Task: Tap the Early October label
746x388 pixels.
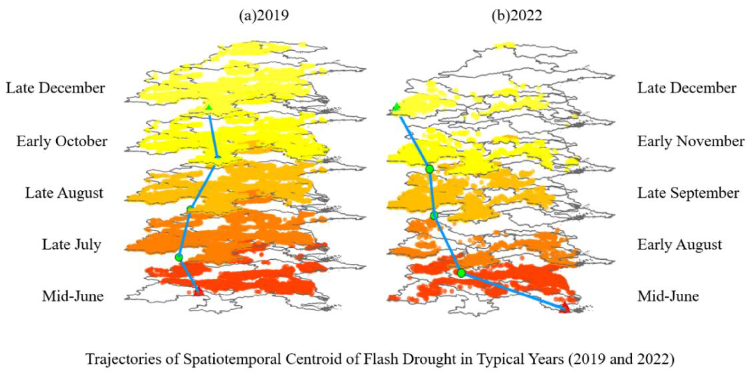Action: click(x=62, y=141)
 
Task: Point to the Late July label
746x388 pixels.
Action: click(x=72, y=245)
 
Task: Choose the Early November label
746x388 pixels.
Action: click(x=691, y=141)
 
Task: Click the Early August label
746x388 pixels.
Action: click(x=680, y=245)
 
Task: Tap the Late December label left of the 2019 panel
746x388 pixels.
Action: click(x=55, y=88)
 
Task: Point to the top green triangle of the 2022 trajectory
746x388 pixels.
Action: click(x=396, y=107)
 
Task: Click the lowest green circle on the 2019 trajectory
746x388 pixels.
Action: click(x=179, y=257)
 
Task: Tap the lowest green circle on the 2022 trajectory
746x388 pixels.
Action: click(x=461, y=273)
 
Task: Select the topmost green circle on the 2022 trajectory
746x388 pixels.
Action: click(x=430, y=169)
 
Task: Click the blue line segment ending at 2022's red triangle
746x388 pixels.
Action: click(x=513, y=290)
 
